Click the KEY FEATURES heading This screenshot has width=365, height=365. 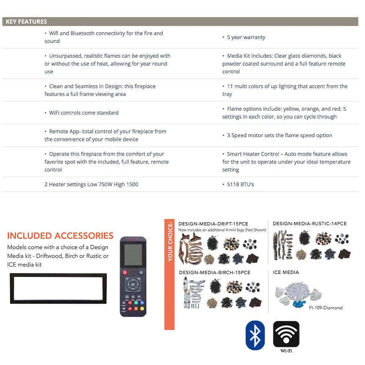(x=26, y=22)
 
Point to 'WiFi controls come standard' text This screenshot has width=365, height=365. (x=84, y=113)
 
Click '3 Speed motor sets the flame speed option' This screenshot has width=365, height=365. (x=279, y=135)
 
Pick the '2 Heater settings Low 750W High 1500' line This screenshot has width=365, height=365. (x=91, y=184)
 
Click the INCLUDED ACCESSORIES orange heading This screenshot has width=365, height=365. (x=60, y=236)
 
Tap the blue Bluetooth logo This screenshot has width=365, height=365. (x=255, y=335)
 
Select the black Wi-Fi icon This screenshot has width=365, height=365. (x=286, y=334)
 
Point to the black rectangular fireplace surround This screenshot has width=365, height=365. (x=58, y=288)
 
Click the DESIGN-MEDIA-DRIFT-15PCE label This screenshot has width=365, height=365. (x=213, y=224)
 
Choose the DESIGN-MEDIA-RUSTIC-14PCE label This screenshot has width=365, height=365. (x=310, y=223)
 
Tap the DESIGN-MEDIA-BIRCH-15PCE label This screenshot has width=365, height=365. (x=215, y=273)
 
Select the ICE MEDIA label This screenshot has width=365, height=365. (x=286, y=272)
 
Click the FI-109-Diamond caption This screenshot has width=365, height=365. (x=326, y=308)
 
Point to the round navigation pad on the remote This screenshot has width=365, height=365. (x=133, y=283)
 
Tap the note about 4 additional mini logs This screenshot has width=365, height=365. (x=222, y=230)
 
